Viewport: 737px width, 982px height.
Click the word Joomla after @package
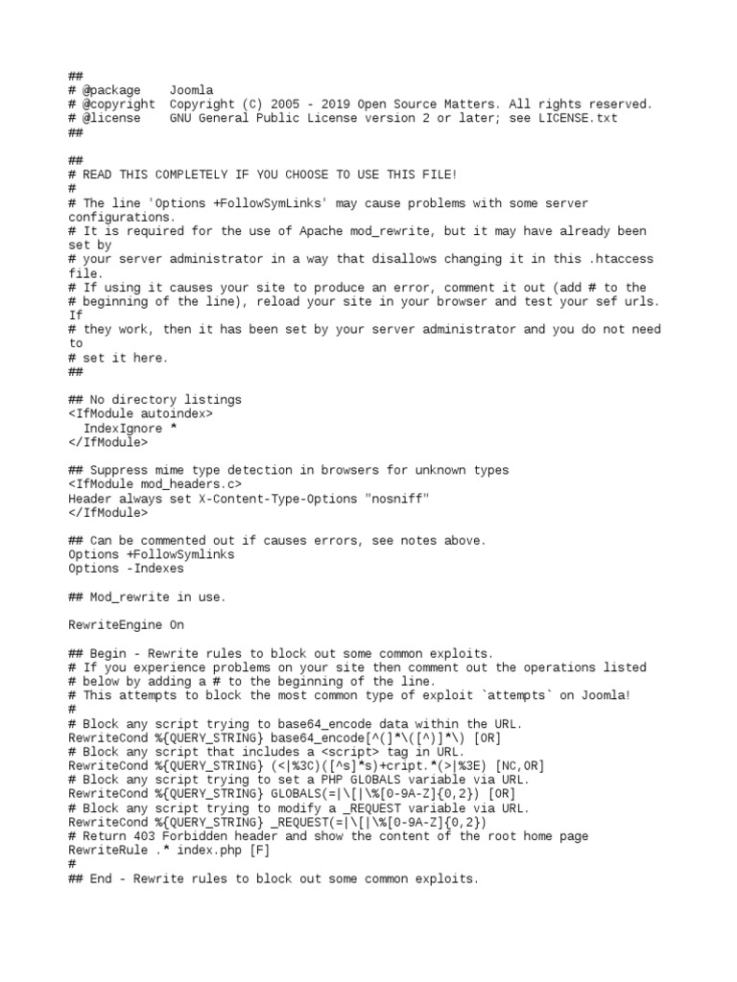(191, 90)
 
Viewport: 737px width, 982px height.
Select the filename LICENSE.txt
(578, 118)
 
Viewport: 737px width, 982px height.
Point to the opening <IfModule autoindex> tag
(140, 413)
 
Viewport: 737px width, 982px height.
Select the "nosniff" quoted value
(395, 499)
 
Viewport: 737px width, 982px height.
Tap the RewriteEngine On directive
(126, 625)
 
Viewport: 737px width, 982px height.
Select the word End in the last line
(101, 878)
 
